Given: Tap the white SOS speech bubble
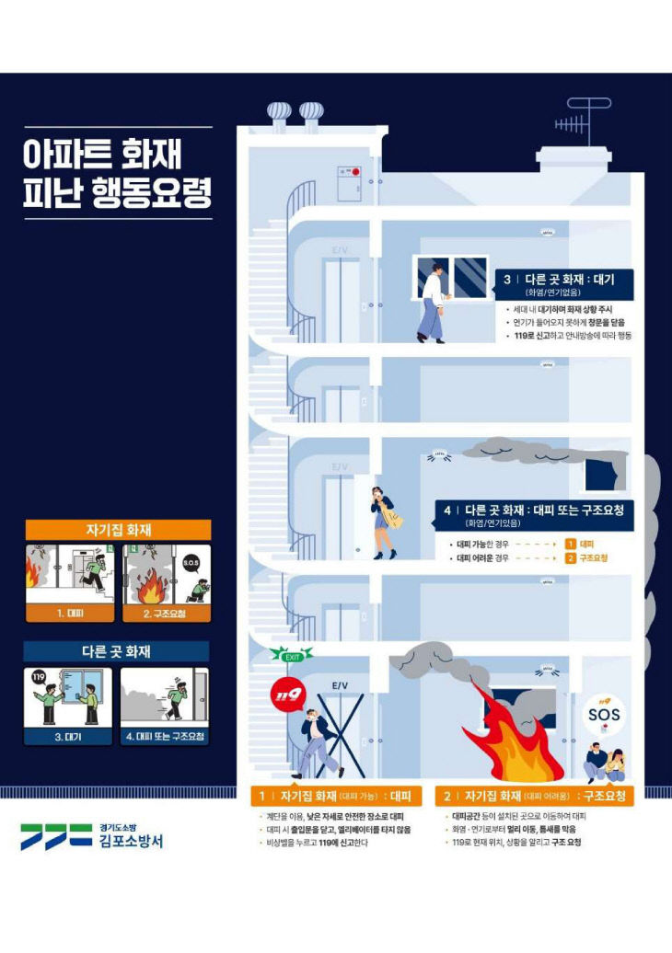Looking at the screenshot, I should [x=604, y=714].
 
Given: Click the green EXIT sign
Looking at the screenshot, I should [x=292, y=655].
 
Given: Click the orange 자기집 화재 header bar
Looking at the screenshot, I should [x=118, y=529].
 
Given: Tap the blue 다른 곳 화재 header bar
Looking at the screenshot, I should [x=117, y=652].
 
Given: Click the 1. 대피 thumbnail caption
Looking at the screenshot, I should [x=71, y=612].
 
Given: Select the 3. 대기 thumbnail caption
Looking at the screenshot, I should [x=67, y=736].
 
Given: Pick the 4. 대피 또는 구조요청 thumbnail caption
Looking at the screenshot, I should [x=165, y=736].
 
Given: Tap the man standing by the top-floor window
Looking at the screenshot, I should [x=432, y=303].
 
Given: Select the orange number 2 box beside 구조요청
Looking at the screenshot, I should [x=571, y=557].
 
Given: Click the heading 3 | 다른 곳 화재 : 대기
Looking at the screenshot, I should [x=558, y=279].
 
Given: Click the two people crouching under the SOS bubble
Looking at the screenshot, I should [x=606, y=764].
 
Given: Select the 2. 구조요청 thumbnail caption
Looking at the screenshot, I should [x=166, y=612].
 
